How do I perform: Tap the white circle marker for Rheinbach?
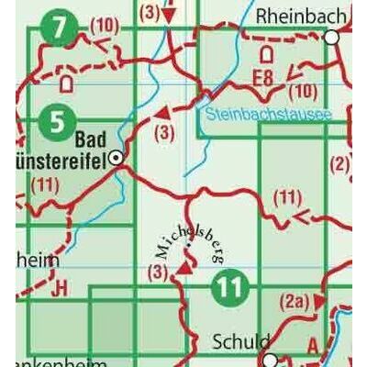click(332, 38)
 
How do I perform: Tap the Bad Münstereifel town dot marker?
click(116, 159)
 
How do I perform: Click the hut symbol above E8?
click(267, 53)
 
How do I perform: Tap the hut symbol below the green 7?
click(65, 83)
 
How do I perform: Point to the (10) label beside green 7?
click(106, 24)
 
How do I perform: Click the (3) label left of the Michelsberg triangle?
click(158, 272)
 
